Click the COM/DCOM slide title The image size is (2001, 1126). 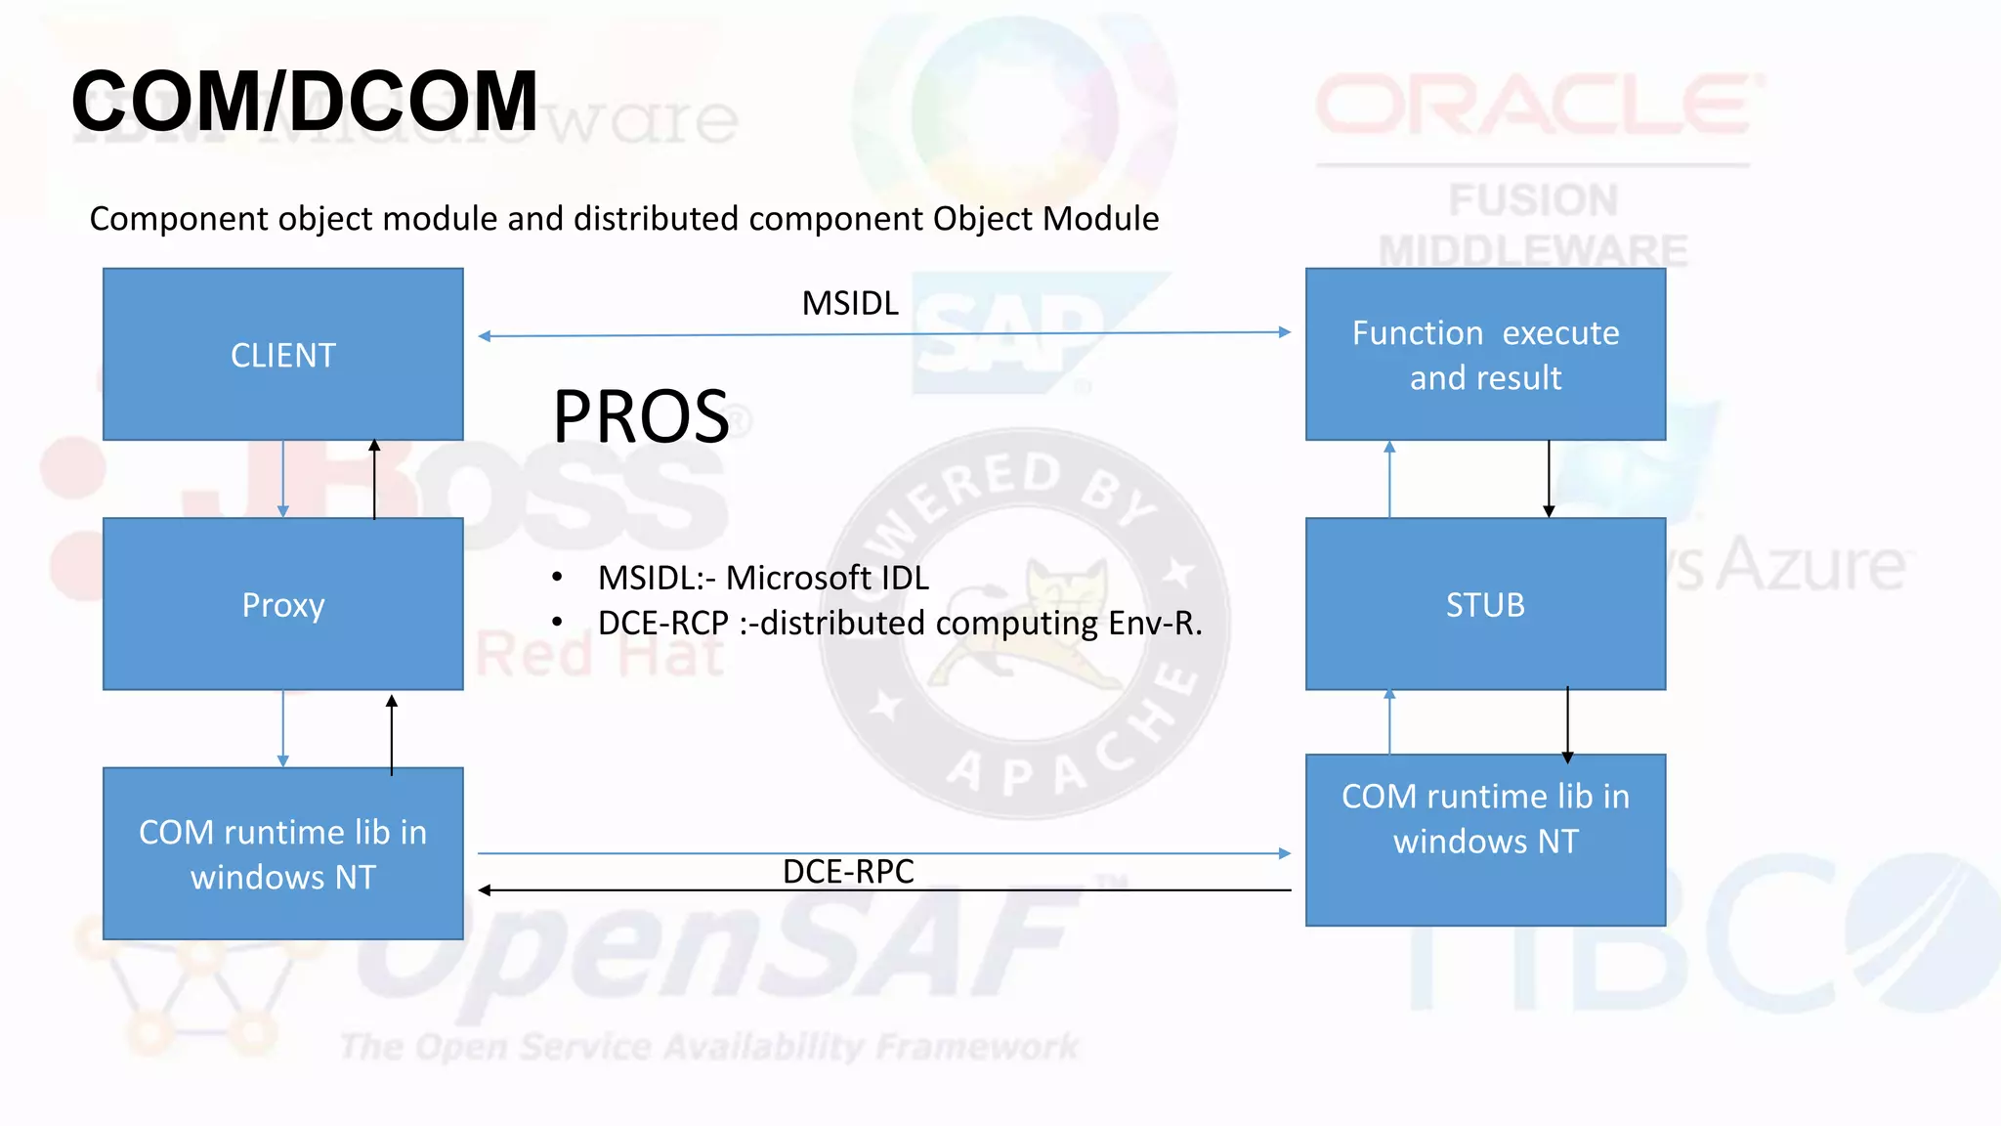305,102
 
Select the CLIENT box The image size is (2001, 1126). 283,355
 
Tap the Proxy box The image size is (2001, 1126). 283,604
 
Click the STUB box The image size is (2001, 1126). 1485,604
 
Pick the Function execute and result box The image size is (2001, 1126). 1485,355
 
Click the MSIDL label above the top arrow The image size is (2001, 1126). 850,304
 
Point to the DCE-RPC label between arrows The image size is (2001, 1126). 848,871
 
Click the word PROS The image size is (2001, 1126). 641,417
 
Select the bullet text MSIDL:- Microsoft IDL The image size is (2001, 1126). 763,578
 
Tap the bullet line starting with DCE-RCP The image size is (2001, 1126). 899,623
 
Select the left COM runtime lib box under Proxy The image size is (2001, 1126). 283,853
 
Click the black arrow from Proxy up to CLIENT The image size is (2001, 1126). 374,479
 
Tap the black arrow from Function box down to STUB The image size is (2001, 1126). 1549,479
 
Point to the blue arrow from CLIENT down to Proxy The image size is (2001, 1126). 283,479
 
